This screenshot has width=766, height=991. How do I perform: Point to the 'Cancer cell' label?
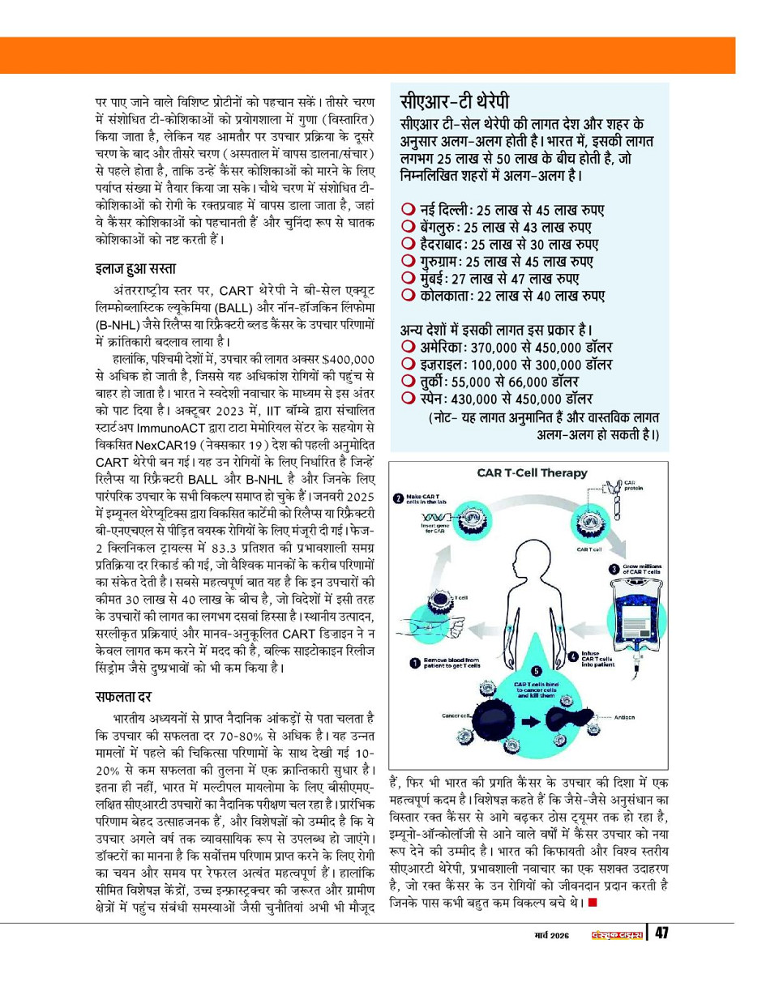[x=455, y=715]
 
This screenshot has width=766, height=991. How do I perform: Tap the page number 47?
[x=662, y=933]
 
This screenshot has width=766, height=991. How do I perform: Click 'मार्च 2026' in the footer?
[x=545, y=934]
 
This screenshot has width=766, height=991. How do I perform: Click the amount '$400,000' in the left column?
[x=346, y=358]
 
